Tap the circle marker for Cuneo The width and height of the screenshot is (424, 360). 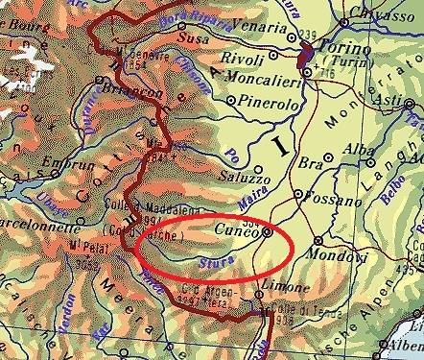click(x=267, y=230)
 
